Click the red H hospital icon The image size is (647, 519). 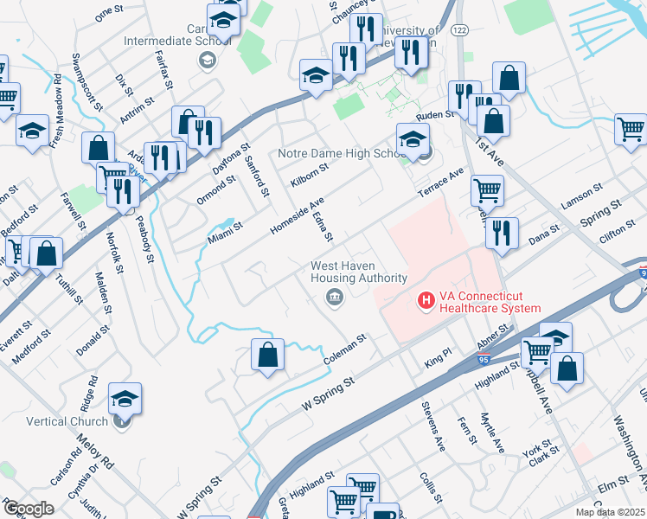click(x=426, y=300)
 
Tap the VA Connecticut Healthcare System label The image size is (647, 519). click(x=490, y=301)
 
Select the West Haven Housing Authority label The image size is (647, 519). click(x=359, y=272)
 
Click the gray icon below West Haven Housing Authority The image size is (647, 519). click(x=334, y=298)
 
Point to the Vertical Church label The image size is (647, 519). click(x=67, y=421)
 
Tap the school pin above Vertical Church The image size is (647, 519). click(x=125, y=399)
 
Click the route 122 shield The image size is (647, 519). click(x=459, y=29)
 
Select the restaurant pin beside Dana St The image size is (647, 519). click(x=501, y=232)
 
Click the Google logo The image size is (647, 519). click(x=29, y=509)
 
